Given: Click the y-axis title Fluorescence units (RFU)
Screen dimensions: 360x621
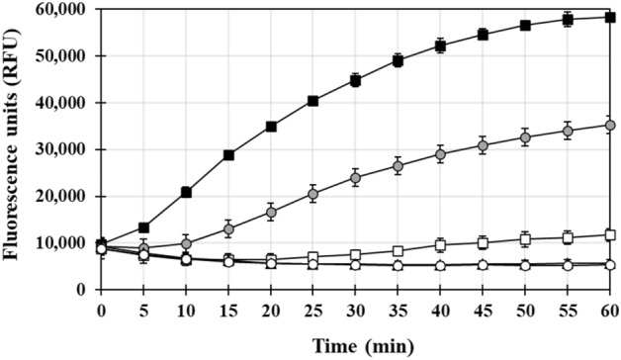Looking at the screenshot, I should pyautogui.click(x=15, y=148).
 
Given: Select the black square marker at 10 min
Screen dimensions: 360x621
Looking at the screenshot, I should pyautogui.click(x=186, y=192).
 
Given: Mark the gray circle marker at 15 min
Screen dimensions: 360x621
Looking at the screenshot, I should pyautogui.click(x=228, y=229).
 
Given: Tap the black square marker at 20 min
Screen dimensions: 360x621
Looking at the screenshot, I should pyautogui.click(x=271, y=127).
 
